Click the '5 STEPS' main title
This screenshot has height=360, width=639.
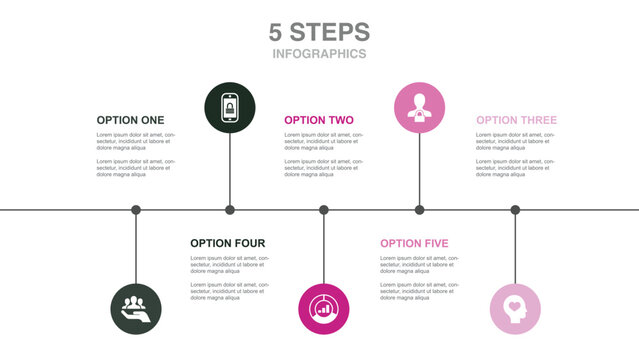[x=319, y=32]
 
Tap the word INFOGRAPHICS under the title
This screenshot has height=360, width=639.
[x=319, y=54]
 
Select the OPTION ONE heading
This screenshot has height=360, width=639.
[x=130, y=120]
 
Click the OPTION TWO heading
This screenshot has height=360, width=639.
[x=318, y=120]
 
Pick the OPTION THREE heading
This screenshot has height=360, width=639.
[x=516, y=120]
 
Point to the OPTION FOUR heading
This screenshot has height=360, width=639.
[x=227, y=243]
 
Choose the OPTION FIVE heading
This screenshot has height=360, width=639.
[x=414, y=243]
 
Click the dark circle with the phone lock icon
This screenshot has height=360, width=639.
[x=230, y=107]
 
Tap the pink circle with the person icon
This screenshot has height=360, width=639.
[x=419, y=107]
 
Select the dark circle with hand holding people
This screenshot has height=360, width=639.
[x=135, y=309]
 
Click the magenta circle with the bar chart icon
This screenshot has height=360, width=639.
[x=324, y=309]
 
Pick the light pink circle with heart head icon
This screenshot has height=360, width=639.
[x=515, y=309]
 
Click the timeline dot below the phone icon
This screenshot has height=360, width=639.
[x=230, y=210]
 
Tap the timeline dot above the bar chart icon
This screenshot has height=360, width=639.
[x=324, y=210]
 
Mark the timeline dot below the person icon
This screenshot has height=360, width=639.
[x=419, y=210]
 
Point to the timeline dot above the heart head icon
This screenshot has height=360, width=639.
[x=515, y=210]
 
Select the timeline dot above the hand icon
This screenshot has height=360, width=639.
[x=136, y=210]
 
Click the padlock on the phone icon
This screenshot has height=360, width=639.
[x=230, y=108]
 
